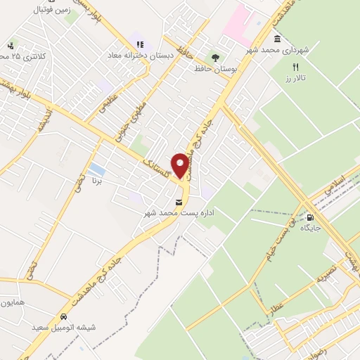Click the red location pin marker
180,165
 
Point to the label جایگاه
311,229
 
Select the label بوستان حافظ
216,69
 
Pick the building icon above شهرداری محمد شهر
278,38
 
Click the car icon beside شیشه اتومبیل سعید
64,316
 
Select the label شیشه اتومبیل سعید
63,328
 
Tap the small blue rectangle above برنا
99,171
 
